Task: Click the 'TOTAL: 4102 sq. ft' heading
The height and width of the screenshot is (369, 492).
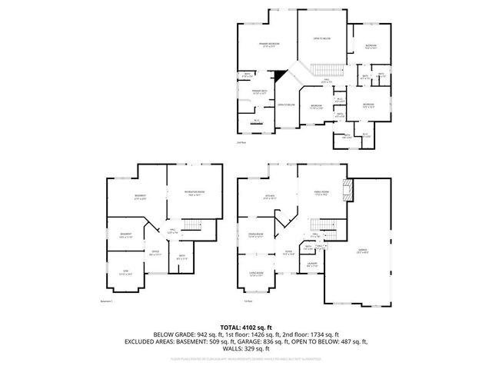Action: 245,327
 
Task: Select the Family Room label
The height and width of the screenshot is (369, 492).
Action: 321,192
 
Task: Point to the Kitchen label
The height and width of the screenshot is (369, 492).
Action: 270,197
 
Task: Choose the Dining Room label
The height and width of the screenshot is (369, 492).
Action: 256,235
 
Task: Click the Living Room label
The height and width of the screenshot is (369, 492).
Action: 255,274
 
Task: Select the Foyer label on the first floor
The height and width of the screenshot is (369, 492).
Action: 288,252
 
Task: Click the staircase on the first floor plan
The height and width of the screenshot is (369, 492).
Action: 327,228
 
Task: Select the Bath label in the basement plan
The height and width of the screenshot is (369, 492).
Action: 181,258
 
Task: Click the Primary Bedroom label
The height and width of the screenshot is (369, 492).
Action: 268,45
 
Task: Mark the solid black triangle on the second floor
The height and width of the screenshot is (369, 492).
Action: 282,76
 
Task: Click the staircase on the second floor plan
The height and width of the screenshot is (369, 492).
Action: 322,70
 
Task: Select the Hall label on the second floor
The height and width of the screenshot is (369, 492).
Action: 326,81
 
